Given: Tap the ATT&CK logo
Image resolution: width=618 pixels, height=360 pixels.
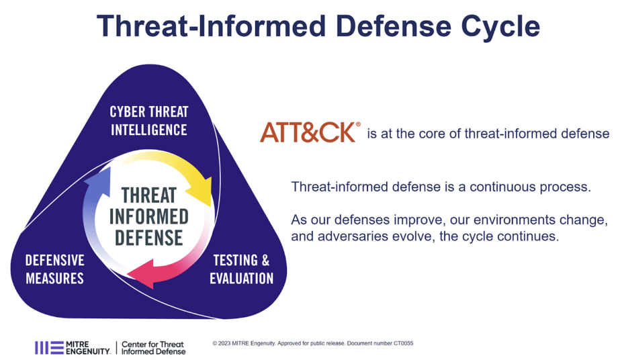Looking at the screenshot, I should [310, 132].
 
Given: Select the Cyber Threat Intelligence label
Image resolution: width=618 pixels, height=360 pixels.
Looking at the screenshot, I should [149, 120].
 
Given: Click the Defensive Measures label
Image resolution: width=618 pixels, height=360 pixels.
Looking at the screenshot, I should [54, 269].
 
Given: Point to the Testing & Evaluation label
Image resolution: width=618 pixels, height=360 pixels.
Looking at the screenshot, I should [241, 269].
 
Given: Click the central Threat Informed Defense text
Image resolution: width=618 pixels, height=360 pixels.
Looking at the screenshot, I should [148, 216].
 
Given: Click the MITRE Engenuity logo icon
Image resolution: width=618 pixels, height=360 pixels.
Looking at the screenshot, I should [48, 347].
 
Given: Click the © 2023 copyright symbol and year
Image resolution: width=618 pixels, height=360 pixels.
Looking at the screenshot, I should [224, 343].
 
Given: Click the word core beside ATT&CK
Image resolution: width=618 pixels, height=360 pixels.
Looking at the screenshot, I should [442, 134].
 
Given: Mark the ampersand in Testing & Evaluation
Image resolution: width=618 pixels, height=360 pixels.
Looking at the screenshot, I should [265, 261].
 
